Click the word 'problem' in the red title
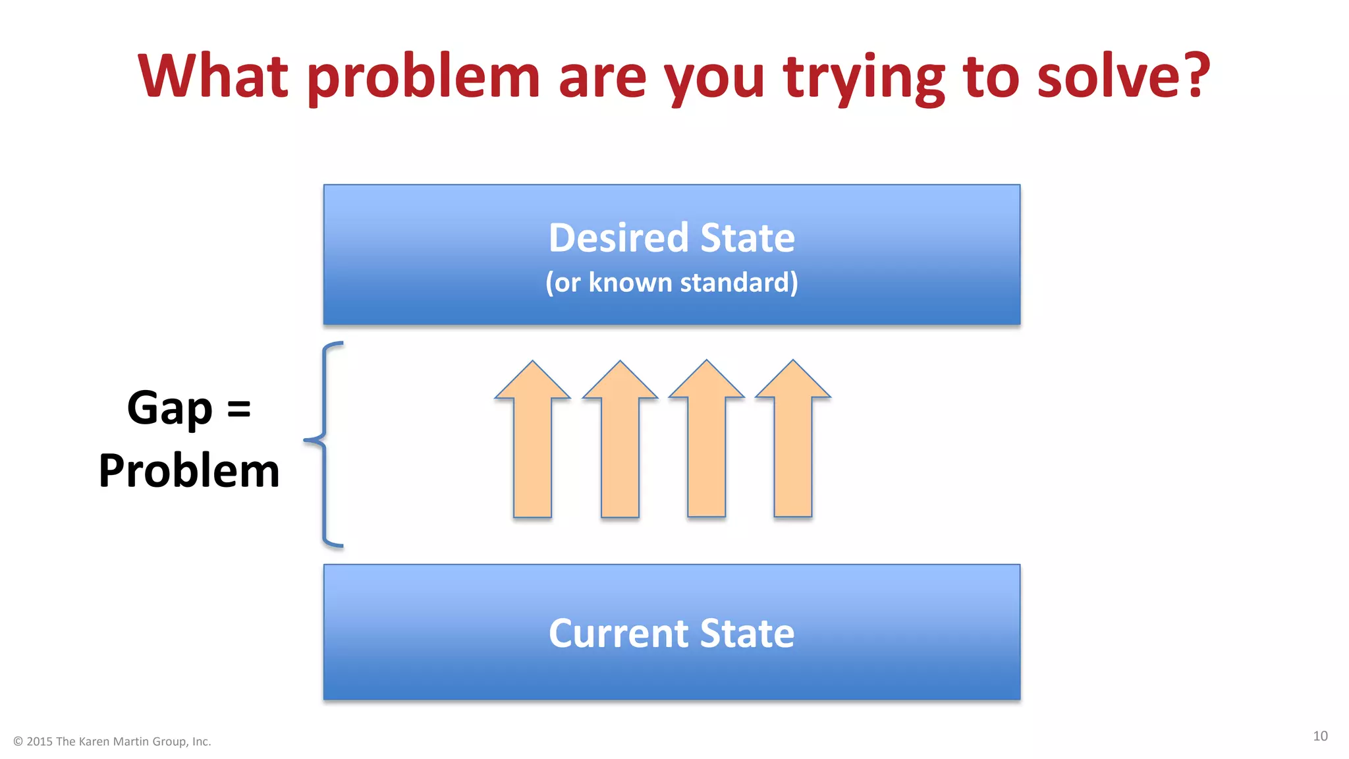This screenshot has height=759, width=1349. coord(423,78)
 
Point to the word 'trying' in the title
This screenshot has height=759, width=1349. coord(864,78)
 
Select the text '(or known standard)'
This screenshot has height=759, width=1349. coord(671,283)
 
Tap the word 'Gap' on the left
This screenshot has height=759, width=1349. coord(170,408)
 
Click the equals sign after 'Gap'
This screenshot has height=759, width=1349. coord(238,408)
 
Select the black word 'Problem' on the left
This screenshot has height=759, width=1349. coord(189,471)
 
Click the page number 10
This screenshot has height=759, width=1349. coord(1320,736)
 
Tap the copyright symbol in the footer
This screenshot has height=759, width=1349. coord(18,742)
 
